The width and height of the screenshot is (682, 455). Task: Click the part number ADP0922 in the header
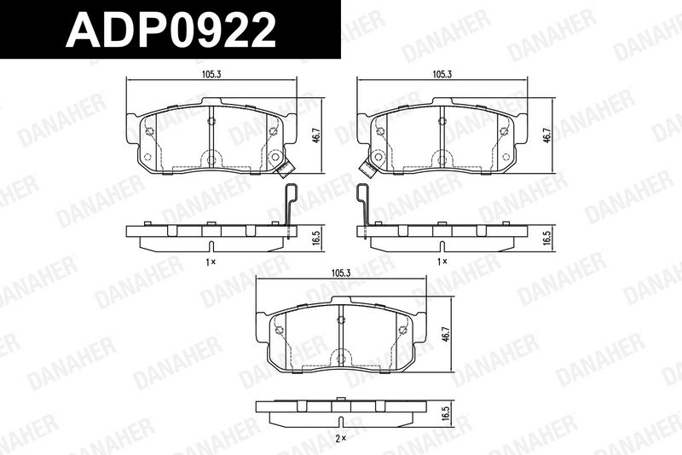click(x=170, y=30)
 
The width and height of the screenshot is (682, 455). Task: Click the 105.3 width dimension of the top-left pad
click(x=211, y=74)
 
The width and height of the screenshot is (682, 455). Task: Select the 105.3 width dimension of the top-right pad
click(x=442, y=74)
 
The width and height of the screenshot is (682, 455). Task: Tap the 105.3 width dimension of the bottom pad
click(x=341, y=273)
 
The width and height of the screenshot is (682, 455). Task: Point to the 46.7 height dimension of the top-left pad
click(x=317, y=135)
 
